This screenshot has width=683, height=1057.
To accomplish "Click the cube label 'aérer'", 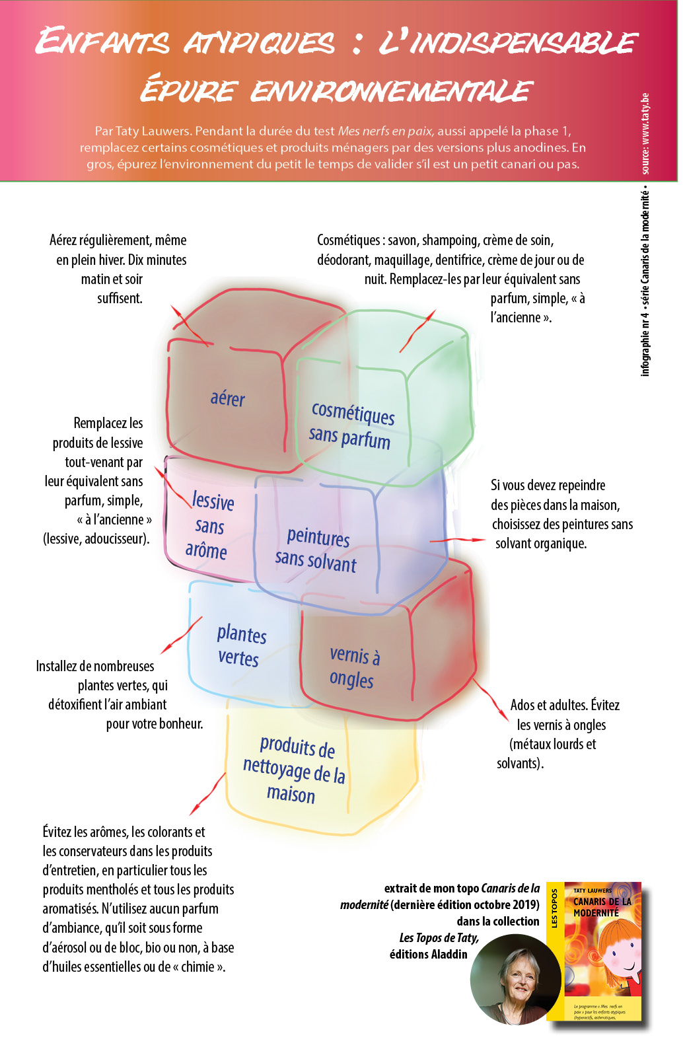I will click(x=227, y=398).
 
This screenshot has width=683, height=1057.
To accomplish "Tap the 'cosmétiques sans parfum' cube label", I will click(x=351, y=425).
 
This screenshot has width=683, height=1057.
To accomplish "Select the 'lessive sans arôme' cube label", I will click(x=209, y=526).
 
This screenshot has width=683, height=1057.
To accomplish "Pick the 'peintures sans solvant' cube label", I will click(x=316, y=549).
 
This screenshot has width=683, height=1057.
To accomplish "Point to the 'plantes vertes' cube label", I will click(x=240, y=645).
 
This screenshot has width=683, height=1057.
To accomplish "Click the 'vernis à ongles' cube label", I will click(x=353, y=667).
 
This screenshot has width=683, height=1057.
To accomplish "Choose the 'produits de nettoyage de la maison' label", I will click(x=295, y=770).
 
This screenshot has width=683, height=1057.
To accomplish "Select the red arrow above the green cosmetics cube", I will click(x=417, y=330).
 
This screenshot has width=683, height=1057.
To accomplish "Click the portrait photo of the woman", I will click(x=515, y=980).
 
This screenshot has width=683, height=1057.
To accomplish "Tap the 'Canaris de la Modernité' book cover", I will click(x=601, y=951).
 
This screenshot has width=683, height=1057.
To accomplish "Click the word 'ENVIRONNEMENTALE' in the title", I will click(x=391, y=91).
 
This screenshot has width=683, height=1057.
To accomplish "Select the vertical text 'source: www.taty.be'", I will click(x=645, y=133).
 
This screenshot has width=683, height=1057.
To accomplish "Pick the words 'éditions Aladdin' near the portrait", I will click(x=428, y=954).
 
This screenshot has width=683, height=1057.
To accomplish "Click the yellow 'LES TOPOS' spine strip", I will click(x=555, y=951).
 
